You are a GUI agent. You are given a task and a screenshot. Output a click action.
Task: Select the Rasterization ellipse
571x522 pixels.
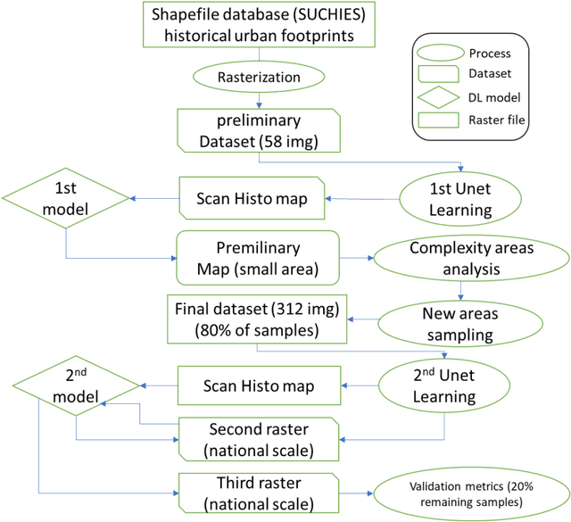[x=258, y=78]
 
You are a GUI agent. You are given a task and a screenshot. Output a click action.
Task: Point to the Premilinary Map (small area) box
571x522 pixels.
[x=258, y=258]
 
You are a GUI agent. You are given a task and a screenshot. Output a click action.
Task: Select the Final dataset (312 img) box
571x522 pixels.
[x=258, y=318]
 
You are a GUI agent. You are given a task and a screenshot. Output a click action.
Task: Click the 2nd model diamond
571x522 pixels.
[x=76, y=385]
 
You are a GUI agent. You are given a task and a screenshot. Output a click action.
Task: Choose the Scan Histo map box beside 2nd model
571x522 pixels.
[x=258, y=385]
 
